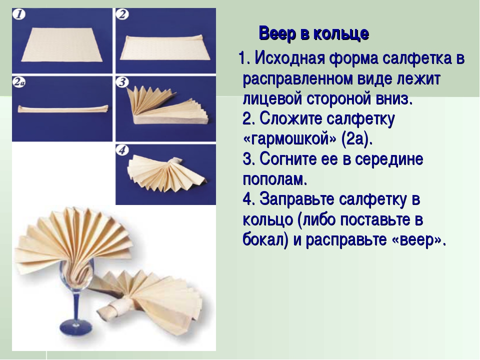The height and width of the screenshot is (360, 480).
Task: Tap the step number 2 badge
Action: [122, 14]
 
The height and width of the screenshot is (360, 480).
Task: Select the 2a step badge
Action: [19, 82]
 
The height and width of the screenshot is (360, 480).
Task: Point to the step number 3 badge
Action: [122, 82]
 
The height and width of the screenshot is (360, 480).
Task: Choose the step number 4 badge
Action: [122, 150]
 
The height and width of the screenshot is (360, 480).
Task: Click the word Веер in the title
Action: [277, 33]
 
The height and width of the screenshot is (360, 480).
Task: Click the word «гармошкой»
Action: [289, 139]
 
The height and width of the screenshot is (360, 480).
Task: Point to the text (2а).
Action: [356, 139]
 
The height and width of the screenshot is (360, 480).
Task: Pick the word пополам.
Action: [275, 179]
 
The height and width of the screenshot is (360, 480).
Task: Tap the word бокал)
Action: [265, 239]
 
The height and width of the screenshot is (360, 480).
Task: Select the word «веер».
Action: [418, 240]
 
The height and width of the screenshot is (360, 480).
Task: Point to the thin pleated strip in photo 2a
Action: [63, 108]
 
